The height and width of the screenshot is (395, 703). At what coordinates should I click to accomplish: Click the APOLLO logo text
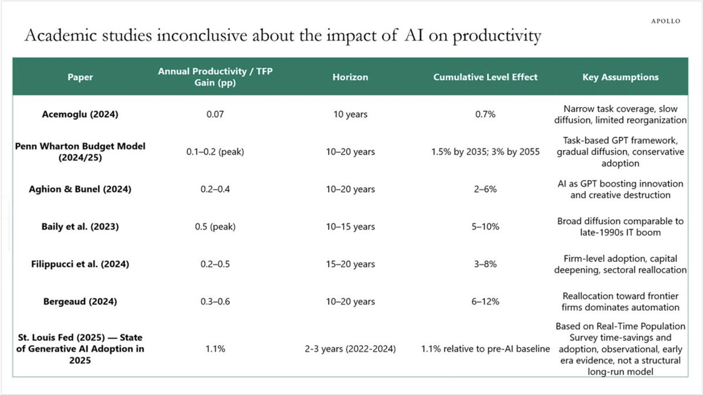[666, 21]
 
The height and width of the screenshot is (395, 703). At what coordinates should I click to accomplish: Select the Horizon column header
[350, 77]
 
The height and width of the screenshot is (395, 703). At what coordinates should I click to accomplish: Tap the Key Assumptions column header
[620, 77]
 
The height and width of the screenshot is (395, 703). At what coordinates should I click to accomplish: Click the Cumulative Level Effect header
[485, 77]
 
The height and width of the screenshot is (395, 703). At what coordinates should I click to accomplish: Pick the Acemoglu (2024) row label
[80, 114]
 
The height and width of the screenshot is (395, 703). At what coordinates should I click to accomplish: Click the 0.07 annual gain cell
[215, 114]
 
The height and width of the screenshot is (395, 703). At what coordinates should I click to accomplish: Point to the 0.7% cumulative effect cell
[485, 114]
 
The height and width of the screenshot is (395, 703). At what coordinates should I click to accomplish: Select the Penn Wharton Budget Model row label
[80, 152]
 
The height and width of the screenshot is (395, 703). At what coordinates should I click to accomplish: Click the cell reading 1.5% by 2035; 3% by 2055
[485, 152]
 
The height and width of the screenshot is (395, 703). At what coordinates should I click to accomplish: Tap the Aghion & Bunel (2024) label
[80, 189]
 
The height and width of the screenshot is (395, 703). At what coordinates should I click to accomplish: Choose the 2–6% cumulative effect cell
[485, 189]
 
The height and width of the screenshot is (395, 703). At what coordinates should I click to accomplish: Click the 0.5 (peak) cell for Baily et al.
[215, 227]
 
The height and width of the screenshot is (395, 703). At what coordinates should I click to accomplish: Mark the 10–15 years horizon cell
[350, 227]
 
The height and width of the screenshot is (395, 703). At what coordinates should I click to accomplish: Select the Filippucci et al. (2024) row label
[80, 264]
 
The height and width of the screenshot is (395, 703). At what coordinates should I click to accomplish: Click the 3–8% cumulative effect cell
[485, 264]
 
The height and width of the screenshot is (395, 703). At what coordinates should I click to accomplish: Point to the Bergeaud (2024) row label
[80, 302]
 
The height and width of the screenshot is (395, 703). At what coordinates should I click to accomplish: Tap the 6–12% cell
[485, 302]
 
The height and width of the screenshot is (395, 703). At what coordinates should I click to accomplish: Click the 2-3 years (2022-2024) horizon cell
[350, 349]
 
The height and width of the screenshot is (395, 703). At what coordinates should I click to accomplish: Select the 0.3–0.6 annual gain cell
[215, 302]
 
